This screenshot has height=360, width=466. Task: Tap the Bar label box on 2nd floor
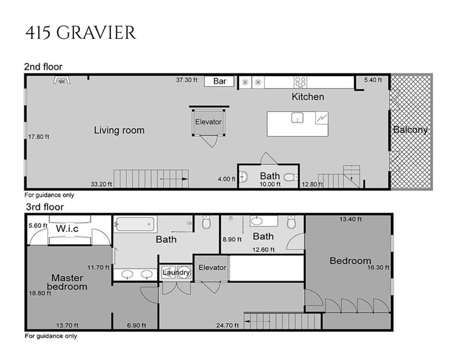pyautogui.click(x=220, y=81)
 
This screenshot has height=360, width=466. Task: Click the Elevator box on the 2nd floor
pyautogui.click(x=208, y=122)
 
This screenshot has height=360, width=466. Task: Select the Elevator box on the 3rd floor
pyautogui.click(x=212, y=268)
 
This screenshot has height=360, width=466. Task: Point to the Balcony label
pyautogui.click(x=410, y=130)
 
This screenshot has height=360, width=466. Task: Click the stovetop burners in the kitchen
pyautogui.click(x=300, y=82)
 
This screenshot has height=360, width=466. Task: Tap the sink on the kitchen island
pyautogui.click(x=297, y=118)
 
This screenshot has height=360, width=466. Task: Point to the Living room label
pyautogui.click(x=119, y=130)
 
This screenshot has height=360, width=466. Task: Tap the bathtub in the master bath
pyautogui.click(x=135, y=224)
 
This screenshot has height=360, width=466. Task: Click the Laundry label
pyautogui.click(x=177, y=272)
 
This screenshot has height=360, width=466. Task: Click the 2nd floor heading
pyautogui.click(x=43, y=67)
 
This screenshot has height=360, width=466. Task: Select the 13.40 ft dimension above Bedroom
pyautogui.click(x=351, y=219)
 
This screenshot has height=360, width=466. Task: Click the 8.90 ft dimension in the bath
pyautogui.click(x=232, y=240)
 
